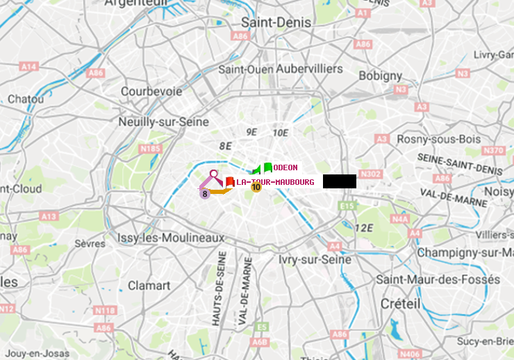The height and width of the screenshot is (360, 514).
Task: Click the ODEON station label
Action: [285, 167]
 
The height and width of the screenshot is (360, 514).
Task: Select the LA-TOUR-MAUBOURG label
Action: [275, 182]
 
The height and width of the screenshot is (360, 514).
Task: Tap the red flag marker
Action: [229, 182]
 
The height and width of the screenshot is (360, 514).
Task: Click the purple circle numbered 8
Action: [205, 194]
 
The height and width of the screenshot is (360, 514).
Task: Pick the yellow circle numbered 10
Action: [256, 187]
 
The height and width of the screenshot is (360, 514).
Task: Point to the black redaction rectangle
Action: [339, 181]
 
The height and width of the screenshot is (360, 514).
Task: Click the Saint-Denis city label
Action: [276, 22]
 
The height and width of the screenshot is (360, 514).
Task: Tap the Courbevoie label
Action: [151, 91]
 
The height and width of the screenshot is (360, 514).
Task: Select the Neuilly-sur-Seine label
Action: [165, 122]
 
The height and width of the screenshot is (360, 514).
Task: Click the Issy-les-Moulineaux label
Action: [171, 238]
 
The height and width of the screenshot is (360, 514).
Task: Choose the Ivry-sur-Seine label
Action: [314, 259]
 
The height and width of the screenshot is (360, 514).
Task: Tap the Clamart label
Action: [149, 286]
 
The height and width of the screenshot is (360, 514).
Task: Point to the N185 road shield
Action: [150, 148]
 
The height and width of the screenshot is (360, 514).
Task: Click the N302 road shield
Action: [371, 174]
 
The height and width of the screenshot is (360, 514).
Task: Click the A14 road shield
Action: [28, 67]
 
